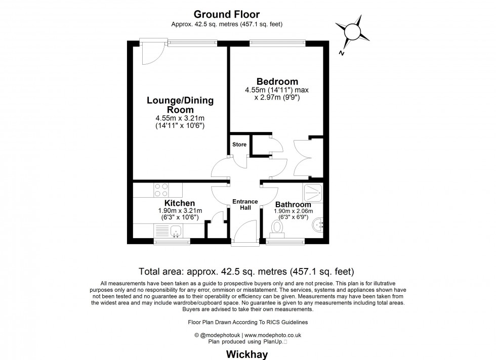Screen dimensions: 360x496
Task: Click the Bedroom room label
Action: tap(277, 81)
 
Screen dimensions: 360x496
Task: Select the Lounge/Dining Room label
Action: tap(180, 105)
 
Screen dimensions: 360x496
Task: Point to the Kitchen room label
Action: tap(179, 203)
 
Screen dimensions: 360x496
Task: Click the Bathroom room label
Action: tap(294, 204)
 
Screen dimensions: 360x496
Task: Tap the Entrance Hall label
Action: tap(245, 204)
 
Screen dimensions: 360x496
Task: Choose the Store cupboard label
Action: tap(239, 145)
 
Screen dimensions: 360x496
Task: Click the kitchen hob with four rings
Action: tap(161, 190)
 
